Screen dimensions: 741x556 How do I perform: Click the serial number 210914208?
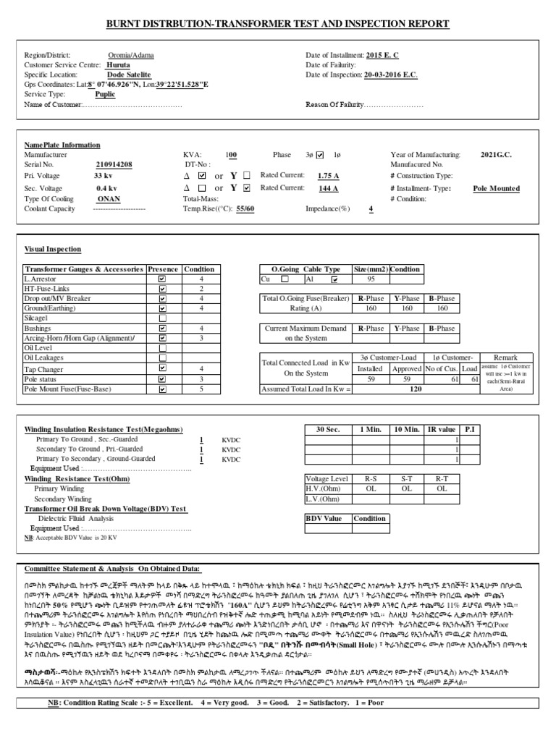[114, 165]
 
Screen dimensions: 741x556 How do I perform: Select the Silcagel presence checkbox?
[162, 318]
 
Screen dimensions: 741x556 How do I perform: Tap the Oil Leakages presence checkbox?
[162, 357]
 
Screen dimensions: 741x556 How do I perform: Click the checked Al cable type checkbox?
[334, 279]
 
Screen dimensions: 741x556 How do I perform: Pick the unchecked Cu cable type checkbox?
[285, 279]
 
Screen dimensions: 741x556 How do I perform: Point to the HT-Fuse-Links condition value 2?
[201, 289]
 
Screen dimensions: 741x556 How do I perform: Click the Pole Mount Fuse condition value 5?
[201, 389]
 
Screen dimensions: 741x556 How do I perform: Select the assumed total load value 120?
[416, 389]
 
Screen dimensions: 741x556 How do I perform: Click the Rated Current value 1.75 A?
[329, 176]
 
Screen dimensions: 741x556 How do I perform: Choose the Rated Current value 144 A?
[329, 188]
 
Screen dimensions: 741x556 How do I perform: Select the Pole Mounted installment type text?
[496, 188]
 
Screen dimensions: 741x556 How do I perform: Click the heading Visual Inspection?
[54, 249]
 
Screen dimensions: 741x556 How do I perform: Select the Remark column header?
[505, 357]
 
